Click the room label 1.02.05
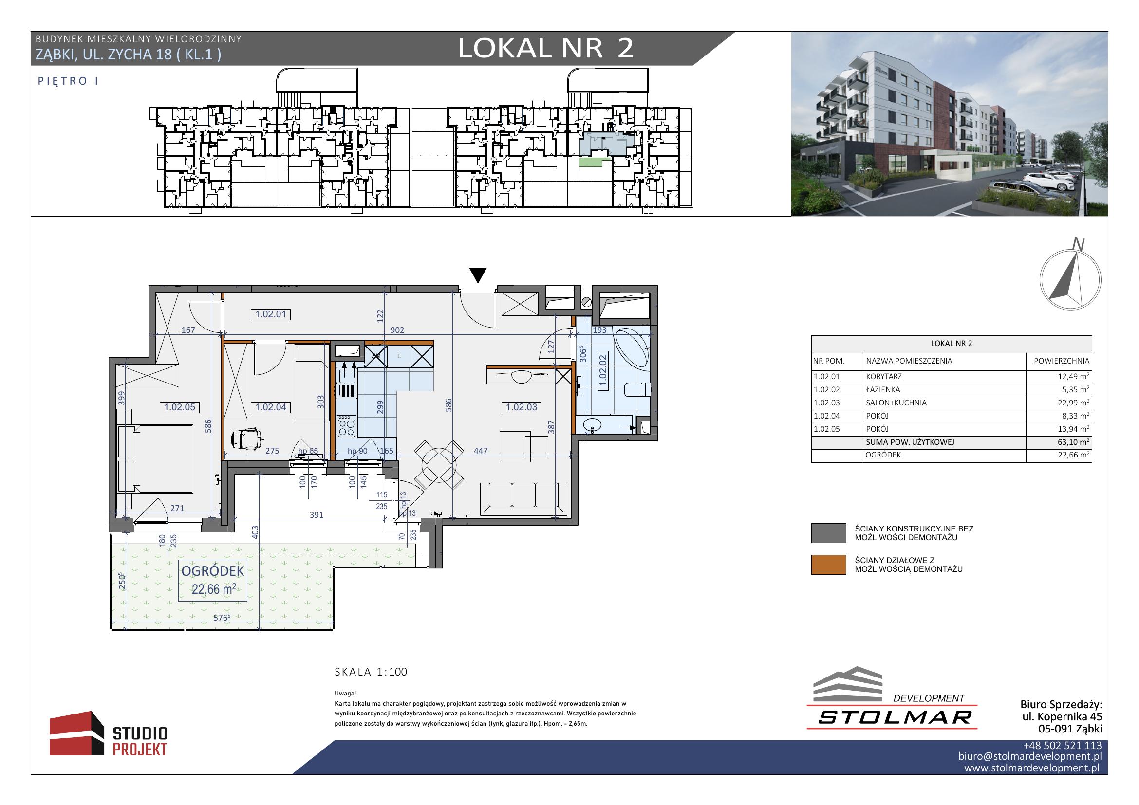tap(180, 407)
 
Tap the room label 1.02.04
tap(271, 407)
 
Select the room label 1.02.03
tap(522, 407)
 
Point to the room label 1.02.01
tap(270, 314)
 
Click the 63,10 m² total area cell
tap(1074, 442)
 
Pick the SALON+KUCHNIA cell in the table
tap(896, 403)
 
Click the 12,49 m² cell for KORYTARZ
tap(1074, 376)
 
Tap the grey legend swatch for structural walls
tap(828, 533)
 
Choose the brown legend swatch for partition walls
tap(828, 565)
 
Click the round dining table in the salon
tap(439, 465)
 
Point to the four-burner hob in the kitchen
tap(346, 426)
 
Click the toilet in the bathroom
tap(636, 389)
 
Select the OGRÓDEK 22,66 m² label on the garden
tap(213, 580)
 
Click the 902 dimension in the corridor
tap(397, 330)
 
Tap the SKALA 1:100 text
tap(371, 672)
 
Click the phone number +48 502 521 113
tap(1062, 746)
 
